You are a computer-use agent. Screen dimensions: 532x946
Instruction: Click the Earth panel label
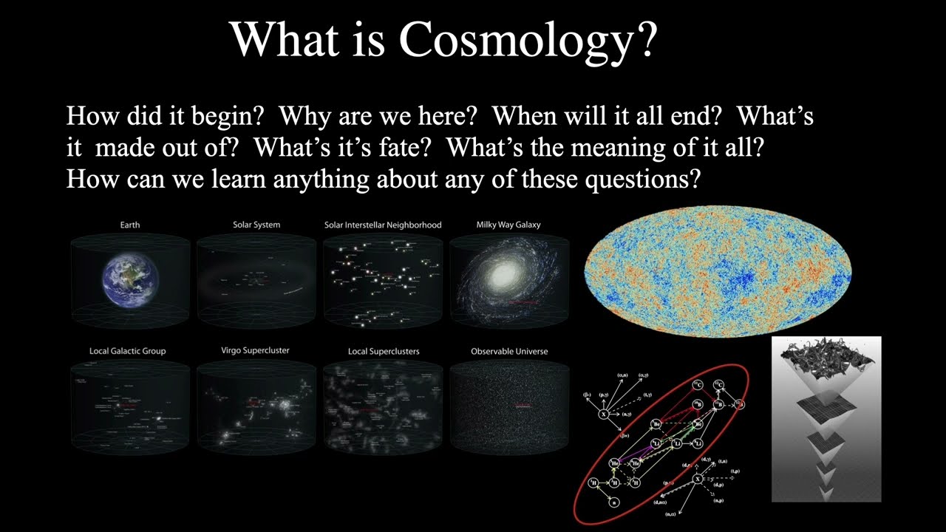click(130, 225)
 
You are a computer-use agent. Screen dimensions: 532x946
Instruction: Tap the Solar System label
click(256, 225)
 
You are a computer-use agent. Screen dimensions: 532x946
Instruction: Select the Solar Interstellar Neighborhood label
click(383, 225)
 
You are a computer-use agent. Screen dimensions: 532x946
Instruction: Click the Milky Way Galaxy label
click(508, 225)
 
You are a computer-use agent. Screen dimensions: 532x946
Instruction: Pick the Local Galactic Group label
click(128, 351)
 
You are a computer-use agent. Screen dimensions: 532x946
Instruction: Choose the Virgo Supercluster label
click(255, 350)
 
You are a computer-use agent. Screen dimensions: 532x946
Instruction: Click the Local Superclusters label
click(384, 351)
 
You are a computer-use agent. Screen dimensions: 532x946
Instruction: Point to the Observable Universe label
click(509, 351)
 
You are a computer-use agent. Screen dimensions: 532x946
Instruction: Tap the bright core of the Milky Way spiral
click(505, 276)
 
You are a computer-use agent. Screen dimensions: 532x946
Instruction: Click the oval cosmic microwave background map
click(718, 270)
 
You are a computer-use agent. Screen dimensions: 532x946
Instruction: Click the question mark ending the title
click(644, 39)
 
